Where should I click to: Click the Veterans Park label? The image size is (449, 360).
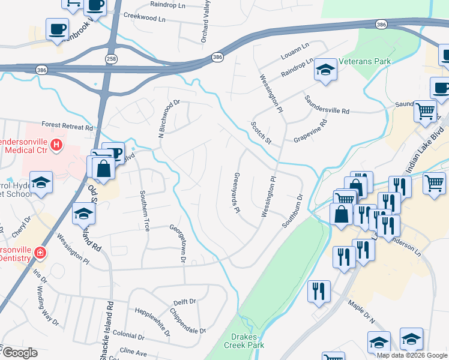click(x=365, y=61)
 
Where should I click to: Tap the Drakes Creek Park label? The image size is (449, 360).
click(x=244, y=341)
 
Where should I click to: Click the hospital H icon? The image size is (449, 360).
click(x=56, y=145)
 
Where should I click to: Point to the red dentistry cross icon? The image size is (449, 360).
click(x=40, y=253)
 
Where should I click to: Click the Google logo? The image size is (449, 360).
click(x=19, y=353)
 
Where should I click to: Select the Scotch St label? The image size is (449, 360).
click(x=261, y=133)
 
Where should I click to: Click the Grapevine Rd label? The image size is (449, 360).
click(x=310, y=131)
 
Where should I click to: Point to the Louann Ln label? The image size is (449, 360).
click(x=294, y=50)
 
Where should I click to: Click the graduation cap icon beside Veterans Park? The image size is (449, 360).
click(x=325, y=71)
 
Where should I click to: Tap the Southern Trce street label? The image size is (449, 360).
click(x=145, y=211)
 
